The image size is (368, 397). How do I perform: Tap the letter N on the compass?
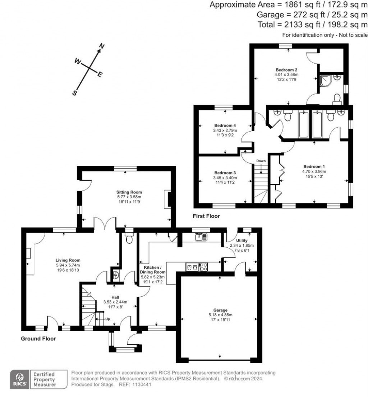(102, 46)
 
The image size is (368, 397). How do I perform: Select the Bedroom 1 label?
(314, 166)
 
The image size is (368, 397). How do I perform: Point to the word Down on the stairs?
(261, 161)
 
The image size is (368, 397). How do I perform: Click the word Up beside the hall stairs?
(107, 319)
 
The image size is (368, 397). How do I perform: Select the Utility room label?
(241, 241)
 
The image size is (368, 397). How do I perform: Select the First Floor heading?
(206, 216)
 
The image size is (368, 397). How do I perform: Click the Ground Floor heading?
(38, 338)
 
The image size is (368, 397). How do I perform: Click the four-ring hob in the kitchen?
(203, 267)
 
